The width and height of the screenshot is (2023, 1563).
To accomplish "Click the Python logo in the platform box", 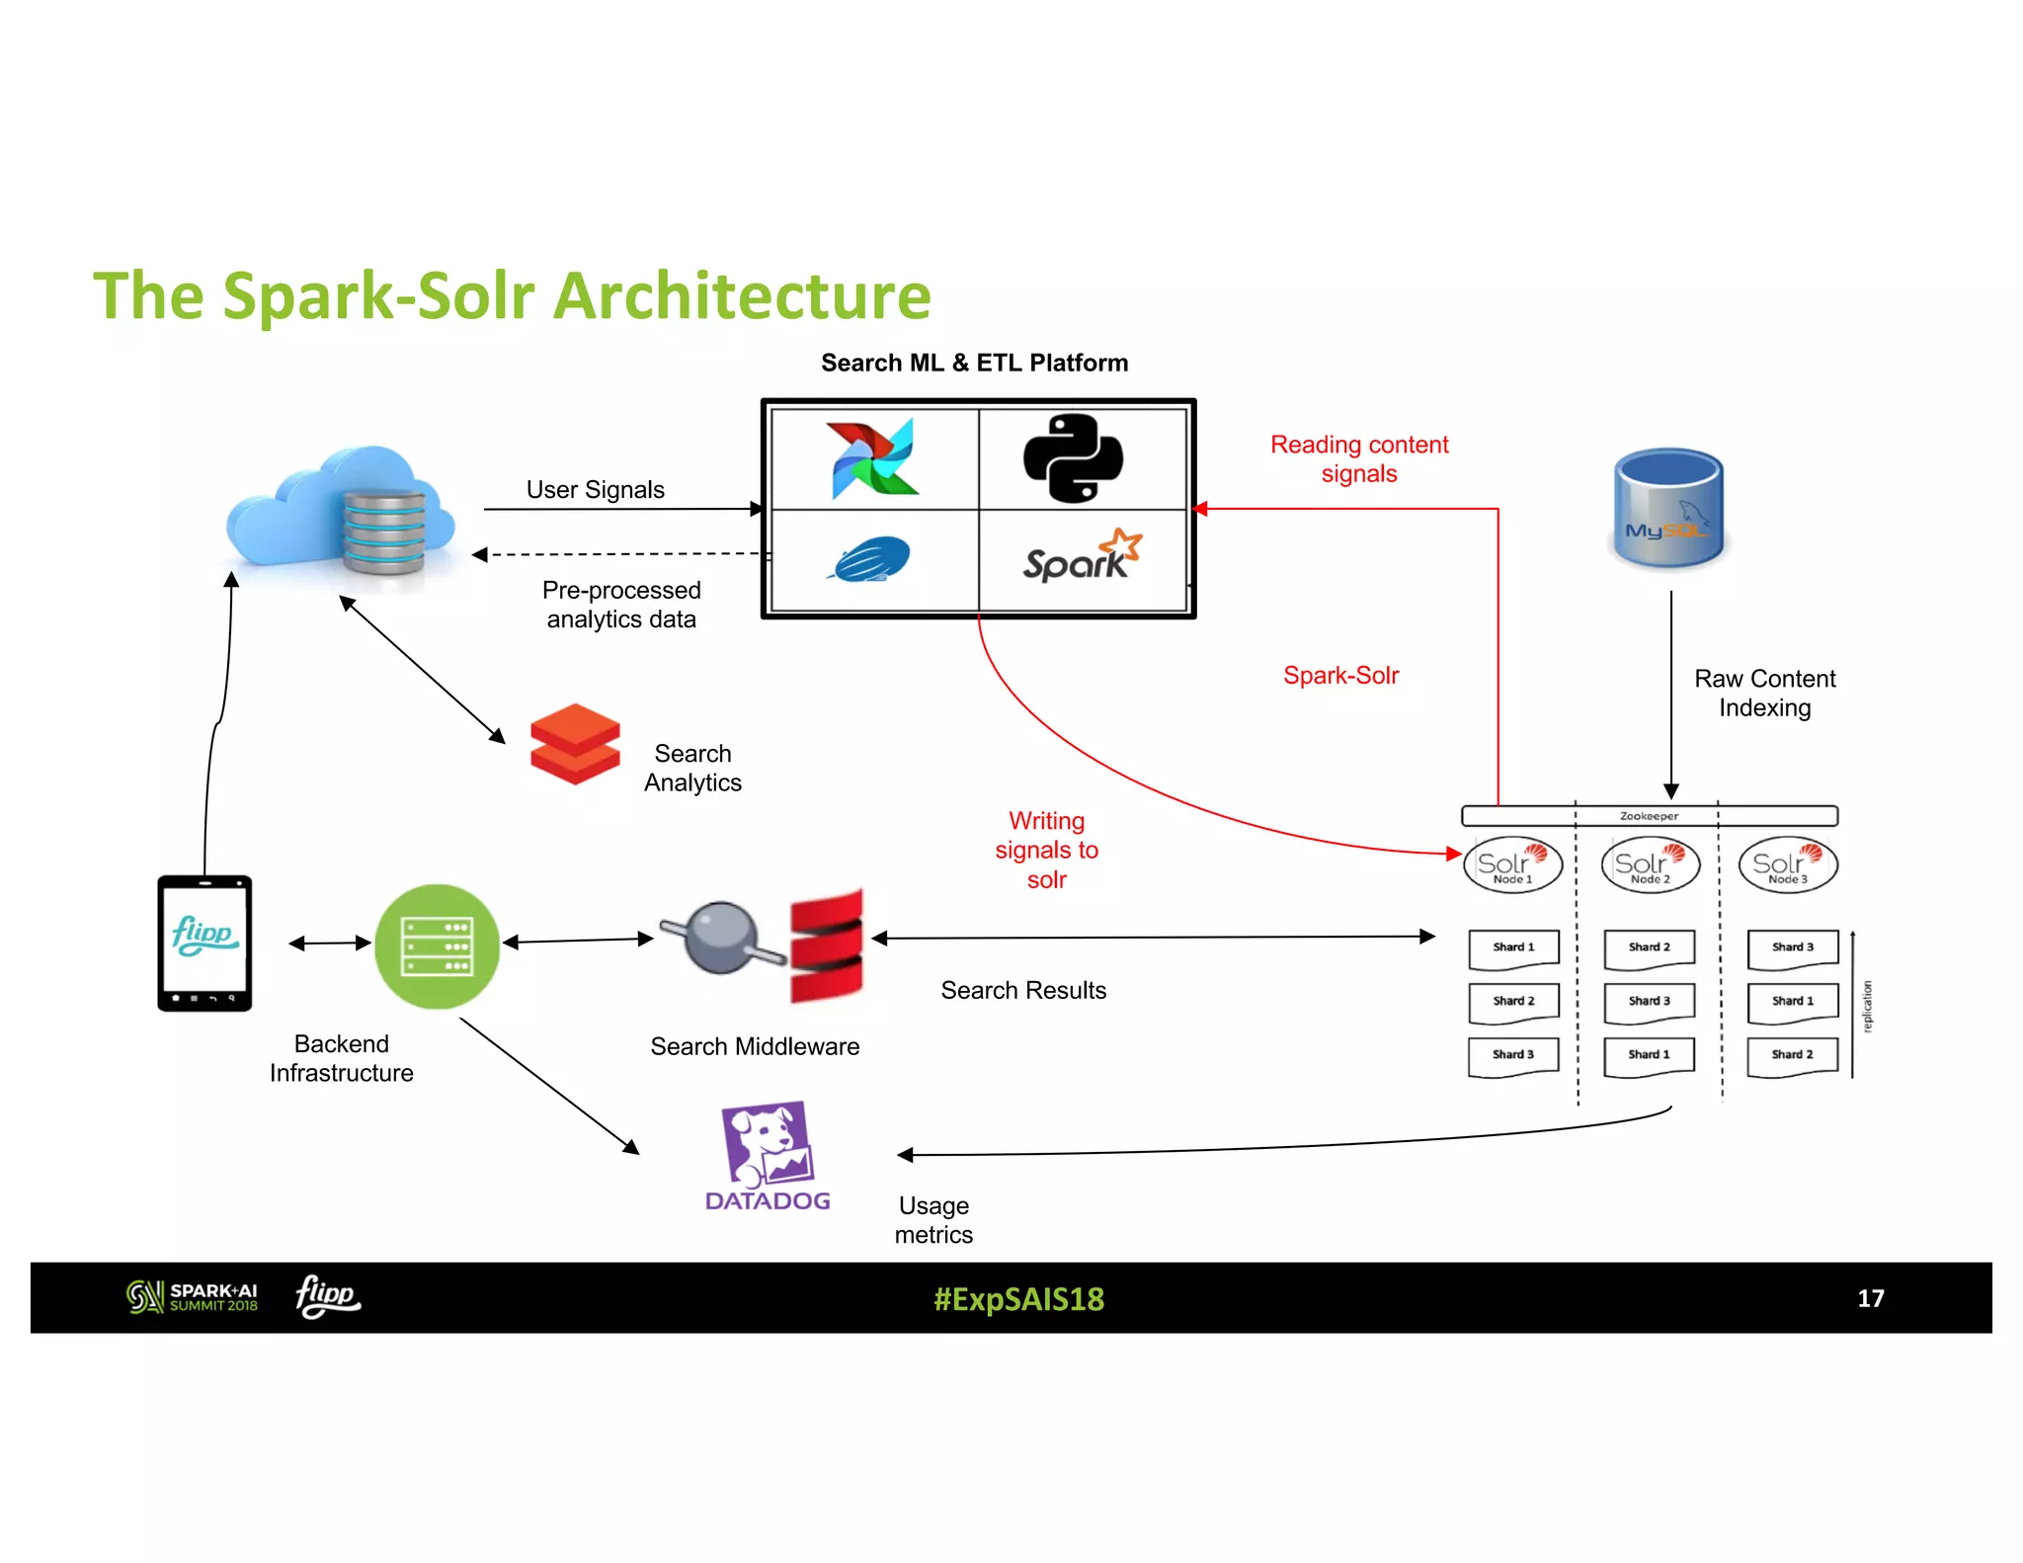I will click(1073, 457).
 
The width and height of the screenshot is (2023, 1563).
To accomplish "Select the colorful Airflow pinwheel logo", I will click(874, 457).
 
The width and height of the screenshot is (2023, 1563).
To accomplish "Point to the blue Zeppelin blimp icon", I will click(870, 559).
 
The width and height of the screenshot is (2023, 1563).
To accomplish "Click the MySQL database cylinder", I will click(1668, 510).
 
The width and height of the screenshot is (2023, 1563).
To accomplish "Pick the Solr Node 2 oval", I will click(1650, 865).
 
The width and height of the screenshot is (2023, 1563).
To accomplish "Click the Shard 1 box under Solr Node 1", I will click(1513, 947).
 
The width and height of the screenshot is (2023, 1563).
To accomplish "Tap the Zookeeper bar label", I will click(1649, 816).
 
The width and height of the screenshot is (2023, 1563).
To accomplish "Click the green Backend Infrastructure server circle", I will click(438, 946).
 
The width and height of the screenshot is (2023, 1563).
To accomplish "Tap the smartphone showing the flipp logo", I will click(204, 943).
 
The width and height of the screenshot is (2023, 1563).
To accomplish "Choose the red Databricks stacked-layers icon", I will click(575, 743).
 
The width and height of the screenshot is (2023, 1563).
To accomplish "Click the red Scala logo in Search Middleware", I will click(827, 946).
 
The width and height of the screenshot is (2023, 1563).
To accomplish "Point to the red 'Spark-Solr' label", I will click(1340, 676).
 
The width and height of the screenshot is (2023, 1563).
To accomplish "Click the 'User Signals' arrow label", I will click(595, 490).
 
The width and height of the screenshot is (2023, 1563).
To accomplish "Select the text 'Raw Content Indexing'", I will click(1764, 694).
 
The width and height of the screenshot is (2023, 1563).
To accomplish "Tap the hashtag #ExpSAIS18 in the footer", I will click(1018, 1298).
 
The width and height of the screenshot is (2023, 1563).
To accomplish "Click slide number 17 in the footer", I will click(1870, 1298).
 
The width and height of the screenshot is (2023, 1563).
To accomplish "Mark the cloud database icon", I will click(342, 514).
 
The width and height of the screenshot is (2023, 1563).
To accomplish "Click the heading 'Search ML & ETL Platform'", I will click(974, 363).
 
